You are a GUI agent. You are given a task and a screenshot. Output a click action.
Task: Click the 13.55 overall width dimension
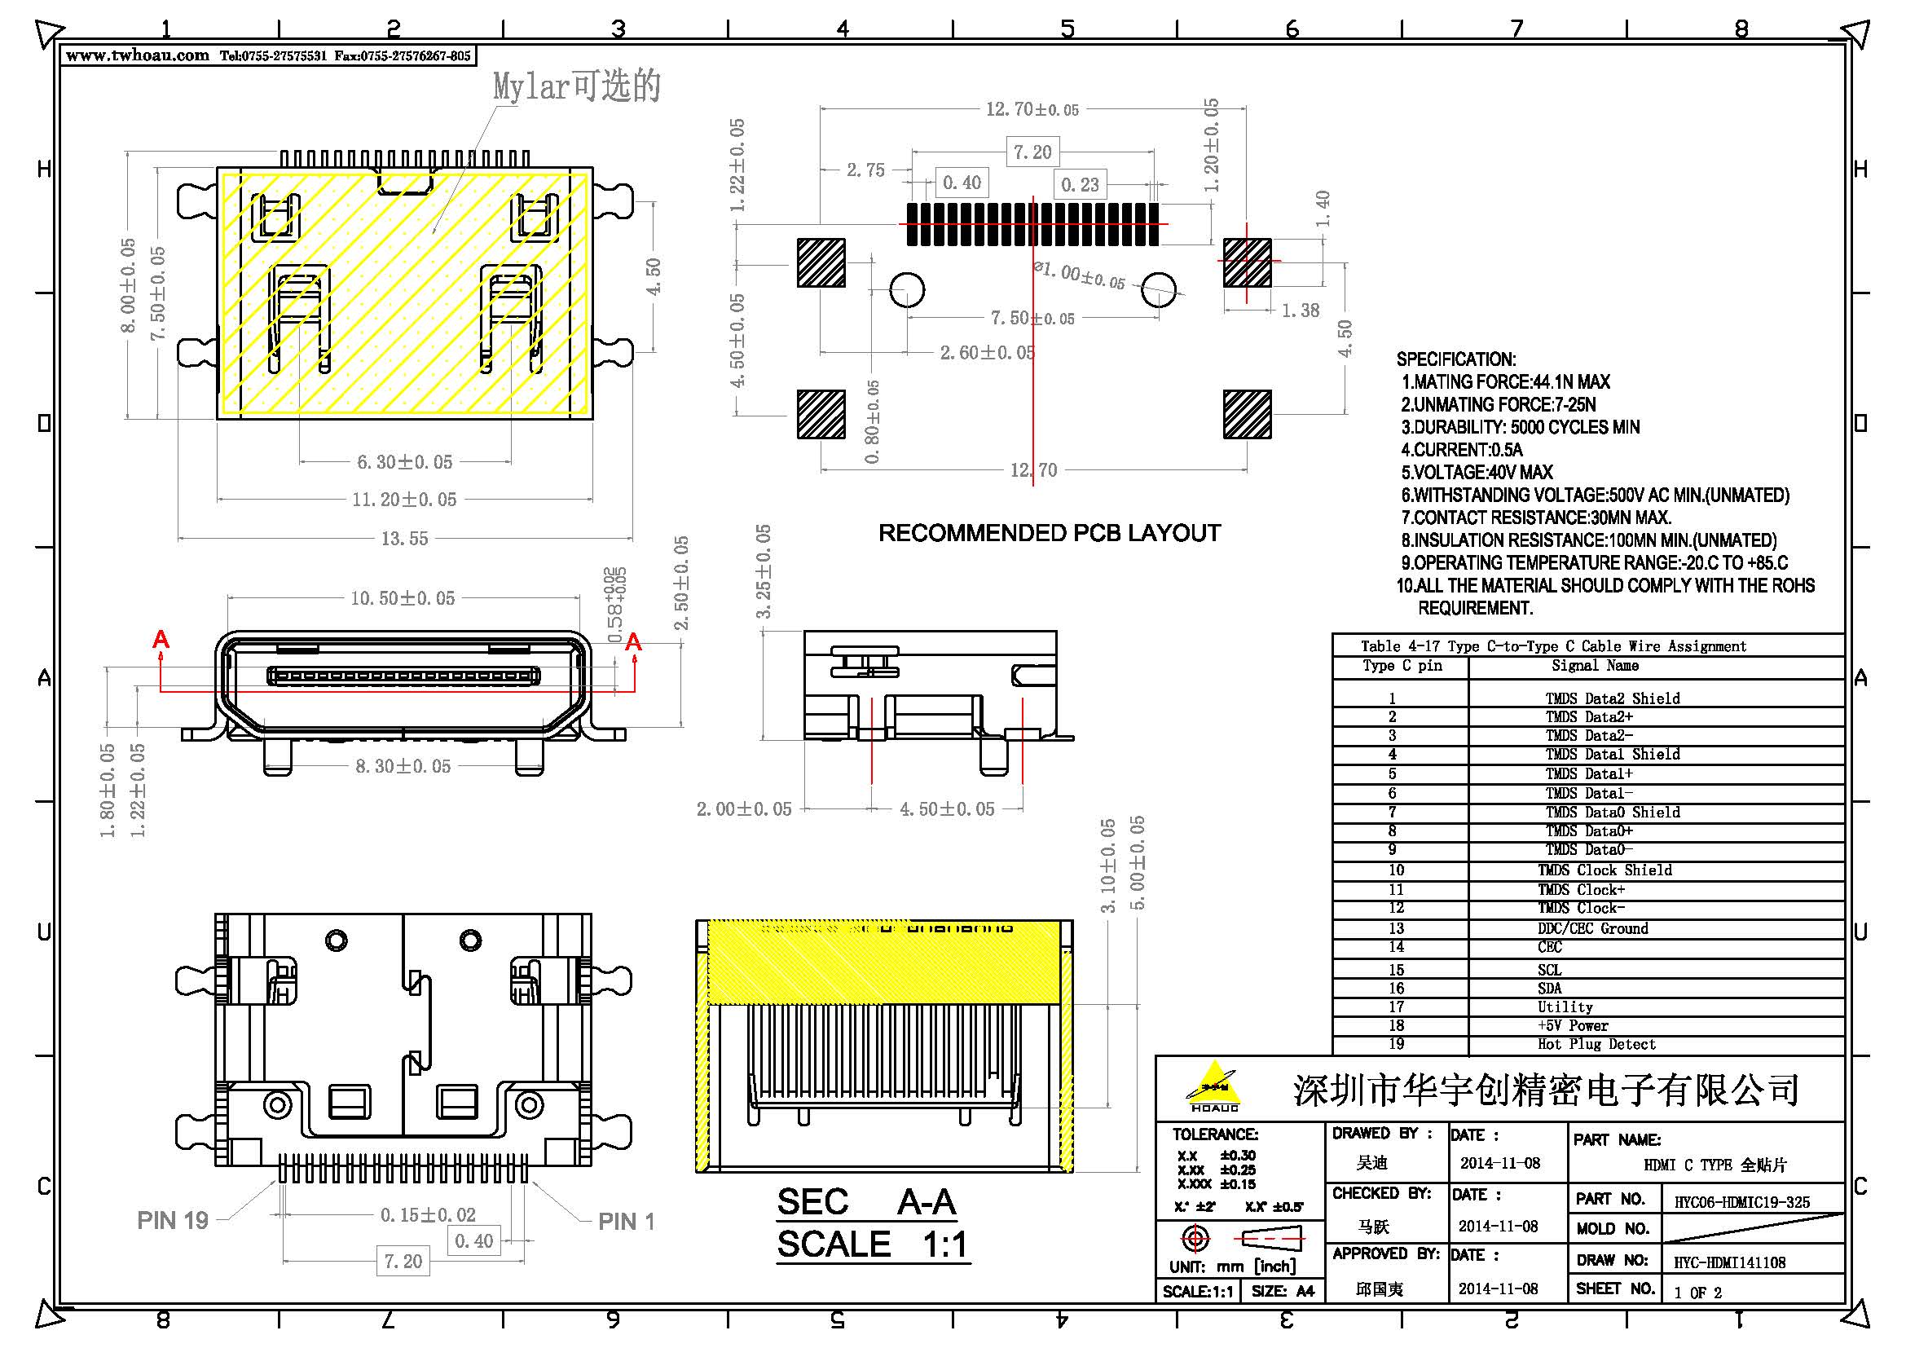[x=404, y=539]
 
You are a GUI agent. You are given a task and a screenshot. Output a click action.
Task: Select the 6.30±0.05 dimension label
[x=404, y=462]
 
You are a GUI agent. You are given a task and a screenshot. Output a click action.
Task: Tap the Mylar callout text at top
[x=576, y=86]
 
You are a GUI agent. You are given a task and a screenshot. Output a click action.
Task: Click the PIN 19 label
[x=173, y=1221]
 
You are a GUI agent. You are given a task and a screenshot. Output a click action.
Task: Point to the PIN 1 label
[x=626, y=1222]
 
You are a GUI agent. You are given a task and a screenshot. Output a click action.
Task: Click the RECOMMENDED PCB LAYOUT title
[x=1050, y=533]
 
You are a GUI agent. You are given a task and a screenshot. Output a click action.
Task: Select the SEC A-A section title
[x=867, y=1203]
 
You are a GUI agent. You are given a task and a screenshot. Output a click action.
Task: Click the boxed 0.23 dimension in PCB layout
[x=1079, y=184]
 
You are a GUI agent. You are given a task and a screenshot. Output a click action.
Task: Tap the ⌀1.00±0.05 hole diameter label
[x=1079, y=275]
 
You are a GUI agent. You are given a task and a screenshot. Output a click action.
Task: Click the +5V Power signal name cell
[x=1572, y=1026]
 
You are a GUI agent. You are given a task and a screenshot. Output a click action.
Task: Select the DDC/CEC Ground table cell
[x=1592, y=928]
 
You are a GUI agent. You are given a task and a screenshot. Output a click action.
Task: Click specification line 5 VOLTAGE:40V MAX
[x=1477, y=473]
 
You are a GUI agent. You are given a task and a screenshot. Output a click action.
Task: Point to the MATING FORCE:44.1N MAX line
[x=1506, y=381]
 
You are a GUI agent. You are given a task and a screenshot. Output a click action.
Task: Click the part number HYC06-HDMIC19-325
[x=1741, y=1202]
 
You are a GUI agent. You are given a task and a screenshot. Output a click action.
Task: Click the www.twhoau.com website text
[x=137, y=55]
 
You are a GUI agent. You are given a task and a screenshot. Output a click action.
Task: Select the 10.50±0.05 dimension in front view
[x=403, y=598]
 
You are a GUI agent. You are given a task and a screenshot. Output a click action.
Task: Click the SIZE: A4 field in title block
[x=1283, y=1292]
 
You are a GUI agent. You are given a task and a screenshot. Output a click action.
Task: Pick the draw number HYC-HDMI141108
[x=1729, y=1262]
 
